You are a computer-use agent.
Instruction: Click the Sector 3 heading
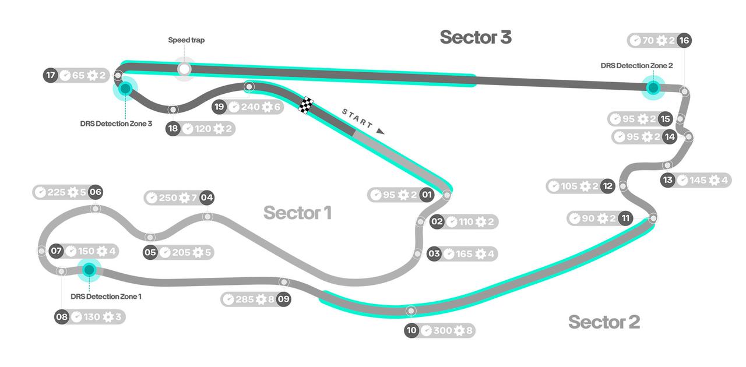476,37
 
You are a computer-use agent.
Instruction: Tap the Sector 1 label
297,213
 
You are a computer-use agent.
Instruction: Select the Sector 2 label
604,322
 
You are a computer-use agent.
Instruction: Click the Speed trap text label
186,40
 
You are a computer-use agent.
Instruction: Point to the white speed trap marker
185,69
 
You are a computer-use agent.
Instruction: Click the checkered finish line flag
307,105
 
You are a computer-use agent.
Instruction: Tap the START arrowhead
381,131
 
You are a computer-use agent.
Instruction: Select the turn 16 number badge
684,40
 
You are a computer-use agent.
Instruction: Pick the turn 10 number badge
411,331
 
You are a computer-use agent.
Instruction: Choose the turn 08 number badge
62,317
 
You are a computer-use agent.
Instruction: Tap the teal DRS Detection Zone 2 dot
653,88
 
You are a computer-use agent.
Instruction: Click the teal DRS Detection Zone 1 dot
89,270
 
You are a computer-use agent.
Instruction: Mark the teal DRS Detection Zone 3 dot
125,89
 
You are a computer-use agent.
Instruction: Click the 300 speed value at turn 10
443,331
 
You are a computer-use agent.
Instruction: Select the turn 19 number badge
219,107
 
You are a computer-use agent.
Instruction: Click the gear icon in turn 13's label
714,180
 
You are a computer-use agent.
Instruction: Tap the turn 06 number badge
96,192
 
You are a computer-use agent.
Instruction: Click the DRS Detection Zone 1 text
106,297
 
